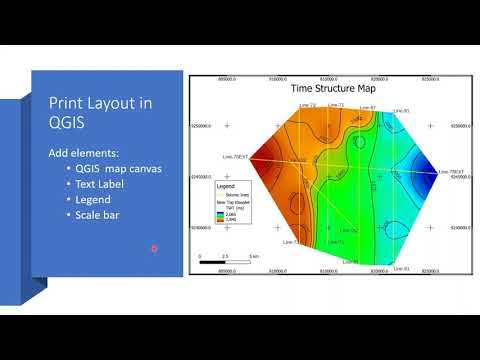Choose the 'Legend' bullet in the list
[x=91, y=200]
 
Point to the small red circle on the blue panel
[x=153, y=248]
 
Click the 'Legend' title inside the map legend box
[x=225, y=187]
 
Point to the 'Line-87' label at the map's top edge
[x=367, y=107]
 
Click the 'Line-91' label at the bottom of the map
[x=399, y=267]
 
